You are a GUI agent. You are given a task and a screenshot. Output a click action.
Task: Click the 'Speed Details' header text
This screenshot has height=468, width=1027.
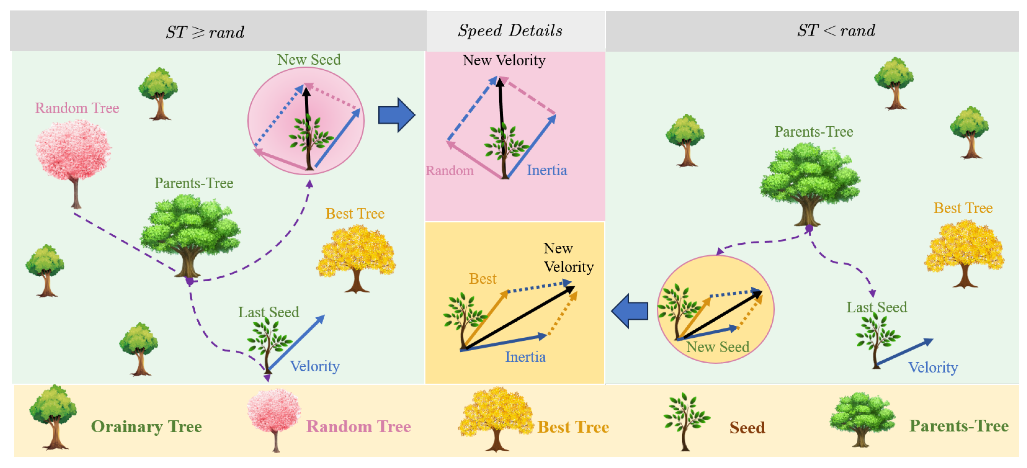(510, 31)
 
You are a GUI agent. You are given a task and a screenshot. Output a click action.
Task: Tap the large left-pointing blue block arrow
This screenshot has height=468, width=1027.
(630, 311)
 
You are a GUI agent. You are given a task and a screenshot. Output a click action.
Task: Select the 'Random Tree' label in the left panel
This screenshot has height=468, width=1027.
(77, 108)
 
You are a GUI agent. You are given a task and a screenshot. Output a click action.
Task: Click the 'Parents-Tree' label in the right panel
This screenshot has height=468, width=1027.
(813, 132)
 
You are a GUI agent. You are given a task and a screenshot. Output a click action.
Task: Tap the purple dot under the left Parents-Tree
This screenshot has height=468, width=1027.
(190, 281)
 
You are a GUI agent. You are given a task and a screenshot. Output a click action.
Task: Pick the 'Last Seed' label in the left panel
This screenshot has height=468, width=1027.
(268, 312)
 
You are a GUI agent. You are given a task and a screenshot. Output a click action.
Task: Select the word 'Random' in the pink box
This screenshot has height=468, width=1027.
(449, 171)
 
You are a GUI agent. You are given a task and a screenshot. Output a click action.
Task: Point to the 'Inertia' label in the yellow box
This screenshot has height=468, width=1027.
(525, 357)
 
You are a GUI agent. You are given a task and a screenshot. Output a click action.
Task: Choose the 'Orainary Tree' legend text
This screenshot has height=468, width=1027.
(146, 426)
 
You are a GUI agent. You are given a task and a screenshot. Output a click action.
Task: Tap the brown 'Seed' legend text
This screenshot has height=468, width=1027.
(747, 427)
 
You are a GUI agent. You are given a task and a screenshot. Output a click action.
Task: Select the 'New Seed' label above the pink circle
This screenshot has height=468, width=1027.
(309, 60)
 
